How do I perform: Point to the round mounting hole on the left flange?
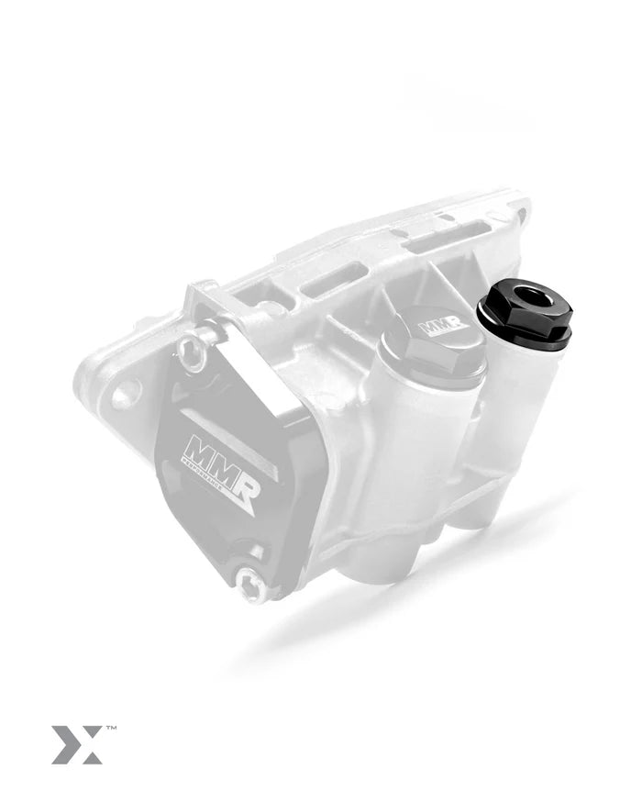(125, 392)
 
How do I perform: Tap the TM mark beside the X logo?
(111, 729)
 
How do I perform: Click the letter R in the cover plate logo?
(244, 482)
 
